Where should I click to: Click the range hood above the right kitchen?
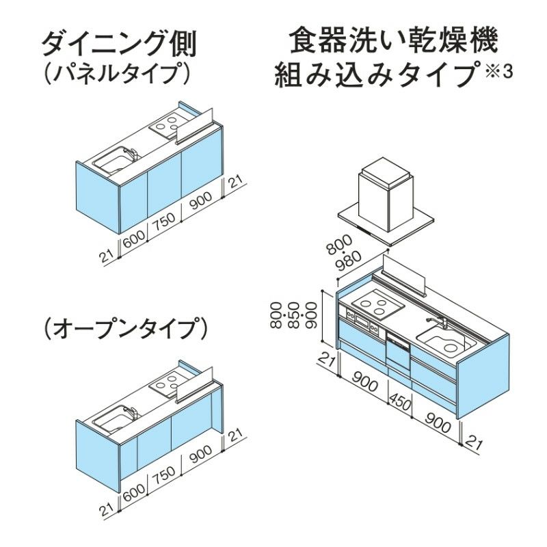click(x=386, y=199)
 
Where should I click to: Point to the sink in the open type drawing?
click(x=112, y=419)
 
